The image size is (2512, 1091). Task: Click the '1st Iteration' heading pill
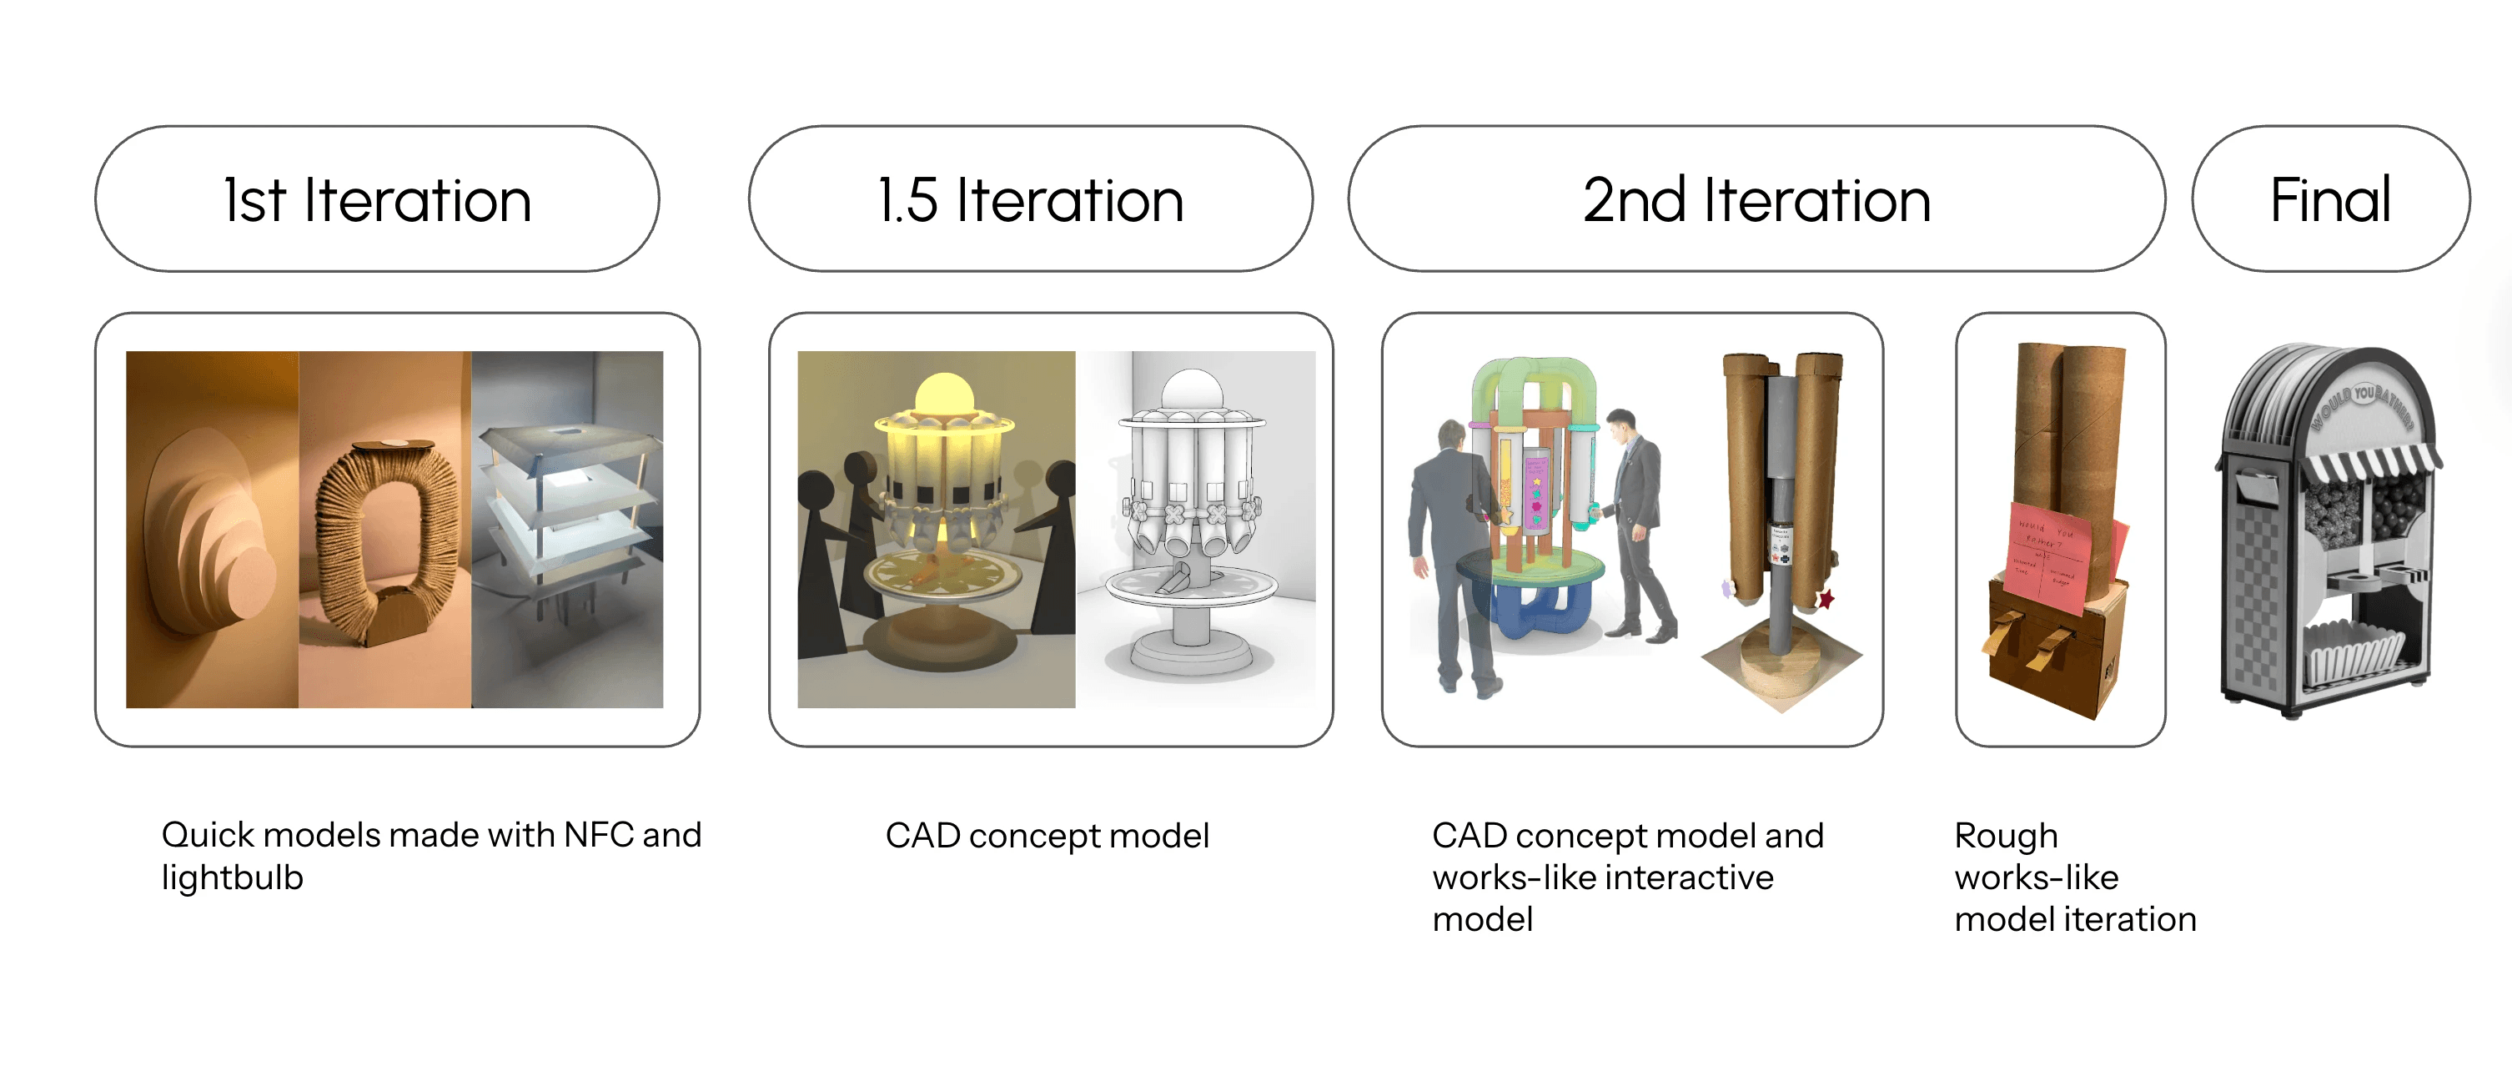(x=376, y=199)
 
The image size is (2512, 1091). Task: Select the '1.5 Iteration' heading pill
(x=1030, y=199)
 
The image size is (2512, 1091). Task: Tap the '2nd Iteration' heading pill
(x=1756, y=199)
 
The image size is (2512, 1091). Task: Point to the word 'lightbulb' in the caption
(x=232, y=877)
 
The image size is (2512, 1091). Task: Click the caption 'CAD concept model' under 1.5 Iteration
(x=1047, y=836)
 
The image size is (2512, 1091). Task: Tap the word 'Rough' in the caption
(x=2005, y=836)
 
